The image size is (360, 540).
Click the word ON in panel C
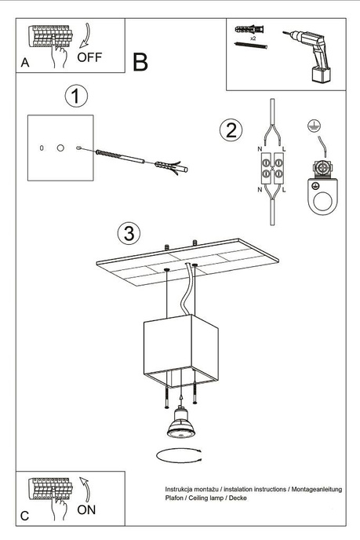[x=87, y=510]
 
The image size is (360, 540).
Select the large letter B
[x=140, y=63]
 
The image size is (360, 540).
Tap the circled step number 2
[x=230, y=130]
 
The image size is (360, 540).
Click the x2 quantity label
[x=254, y=37]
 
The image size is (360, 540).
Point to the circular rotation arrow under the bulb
[x=180, y=454]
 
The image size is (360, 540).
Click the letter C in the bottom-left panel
[x=24, y=516]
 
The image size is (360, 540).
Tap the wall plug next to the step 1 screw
[x=170, y=166]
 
